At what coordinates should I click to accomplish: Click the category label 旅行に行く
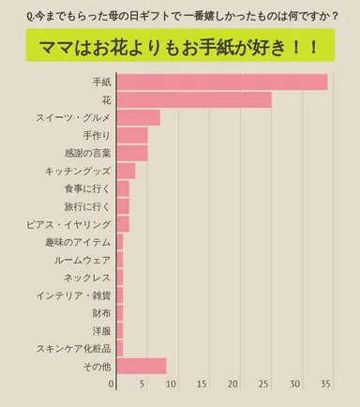click(86, 205)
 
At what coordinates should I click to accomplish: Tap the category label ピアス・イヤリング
click(68, 223)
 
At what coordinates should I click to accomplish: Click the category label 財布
click(101, 312)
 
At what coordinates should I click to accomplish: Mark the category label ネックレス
click(86, 277)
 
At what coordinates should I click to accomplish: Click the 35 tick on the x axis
click(325, 384)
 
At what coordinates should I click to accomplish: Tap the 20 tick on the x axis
click(235, 384)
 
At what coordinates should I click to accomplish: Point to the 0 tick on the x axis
click(112, 384)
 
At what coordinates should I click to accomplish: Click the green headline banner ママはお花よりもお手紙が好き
click(180, 48)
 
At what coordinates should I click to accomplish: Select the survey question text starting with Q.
click(179, 16)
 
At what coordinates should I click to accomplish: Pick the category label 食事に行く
click(86, 188)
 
